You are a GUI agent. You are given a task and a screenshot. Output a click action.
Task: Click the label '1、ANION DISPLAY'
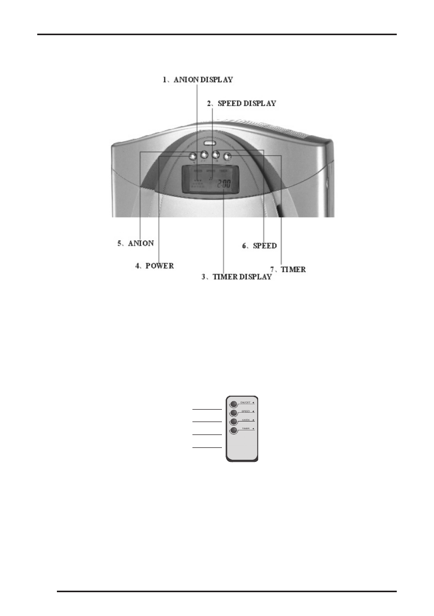pyautogui.click(x=198, y=80)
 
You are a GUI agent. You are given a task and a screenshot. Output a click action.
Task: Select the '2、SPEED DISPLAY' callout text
pyautogui.click(x=242, y=103)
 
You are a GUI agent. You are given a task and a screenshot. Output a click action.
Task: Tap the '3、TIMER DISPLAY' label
pyautogui.click(x=236, y=277)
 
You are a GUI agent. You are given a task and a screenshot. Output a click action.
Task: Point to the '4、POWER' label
pyautogui.click(x=154, y=266)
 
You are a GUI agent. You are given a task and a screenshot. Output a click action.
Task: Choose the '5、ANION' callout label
pyautogui.click(x=136, y=243)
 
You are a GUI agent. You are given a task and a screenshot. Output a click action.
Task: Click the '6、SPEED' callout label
pyautogui.click(x=260, y=246)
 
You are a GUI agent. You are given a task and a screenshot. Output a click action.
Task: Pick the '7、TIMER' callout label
pyautogui.click(x=288, y=269)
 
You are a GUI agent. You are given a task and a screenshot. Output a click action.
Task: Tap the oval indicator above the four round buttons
pyautogui.click(x=209, y=143)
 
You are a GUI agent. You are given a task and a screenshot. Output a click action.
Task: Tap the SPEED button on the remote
pyautogui.click(x=234, y=413)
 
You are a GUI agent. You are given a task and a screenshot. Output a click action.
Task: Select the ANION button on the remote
pyautogui.click(x=234, y=422)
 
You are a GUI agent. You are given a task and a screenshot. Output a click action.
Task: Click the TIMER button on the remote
pyautogui.click(x=234, y=430)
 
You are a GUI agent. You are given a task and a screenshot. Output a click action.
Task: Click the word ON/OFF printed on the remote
pyautogui.click(x=246, y=402)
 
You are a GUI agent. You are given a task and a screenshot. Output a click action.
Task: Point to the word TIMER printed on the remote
pyautogui.click(x=246, y=429)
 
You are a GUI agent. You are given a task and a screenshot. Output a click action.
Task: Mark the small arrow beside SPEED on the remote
pyautogui.click(x=253, y=411)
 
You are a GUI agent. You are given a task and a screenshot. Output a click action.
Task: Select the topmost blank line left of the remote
pyautogui.click(x=207, y=409)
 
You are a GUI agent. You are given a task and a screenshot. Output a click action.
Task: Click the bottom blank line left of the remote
pyautogui.click(x=207, y=447)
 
